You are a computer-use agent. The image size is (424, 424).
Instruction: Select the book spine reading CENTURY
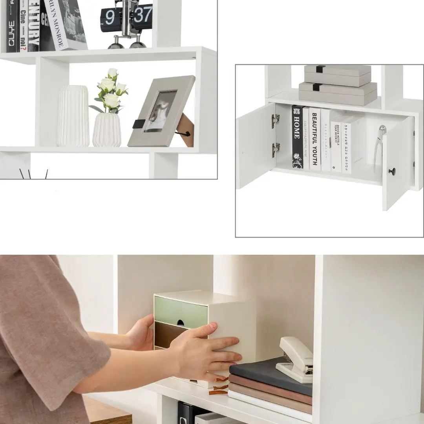pyautogui.click(x=33, y=26)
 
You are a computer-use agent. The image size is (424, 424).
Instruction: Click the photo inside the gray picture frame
pyautogui.click(x=160, y=111)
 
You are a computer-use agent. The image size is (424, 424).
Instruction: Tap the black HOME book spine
pyautogui.click(x=297, y=137)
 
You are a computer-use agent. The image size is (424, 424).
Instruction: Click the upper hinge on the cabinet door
pyautogui.click(x=275, y=121)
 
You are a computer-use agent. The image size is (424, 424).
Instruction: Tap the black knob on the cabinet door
pyautogui.click(x=392, y=171)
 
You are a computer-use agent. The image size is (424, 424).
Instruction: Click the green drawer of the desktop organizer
pyautogui.click(x=181, y=312)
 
